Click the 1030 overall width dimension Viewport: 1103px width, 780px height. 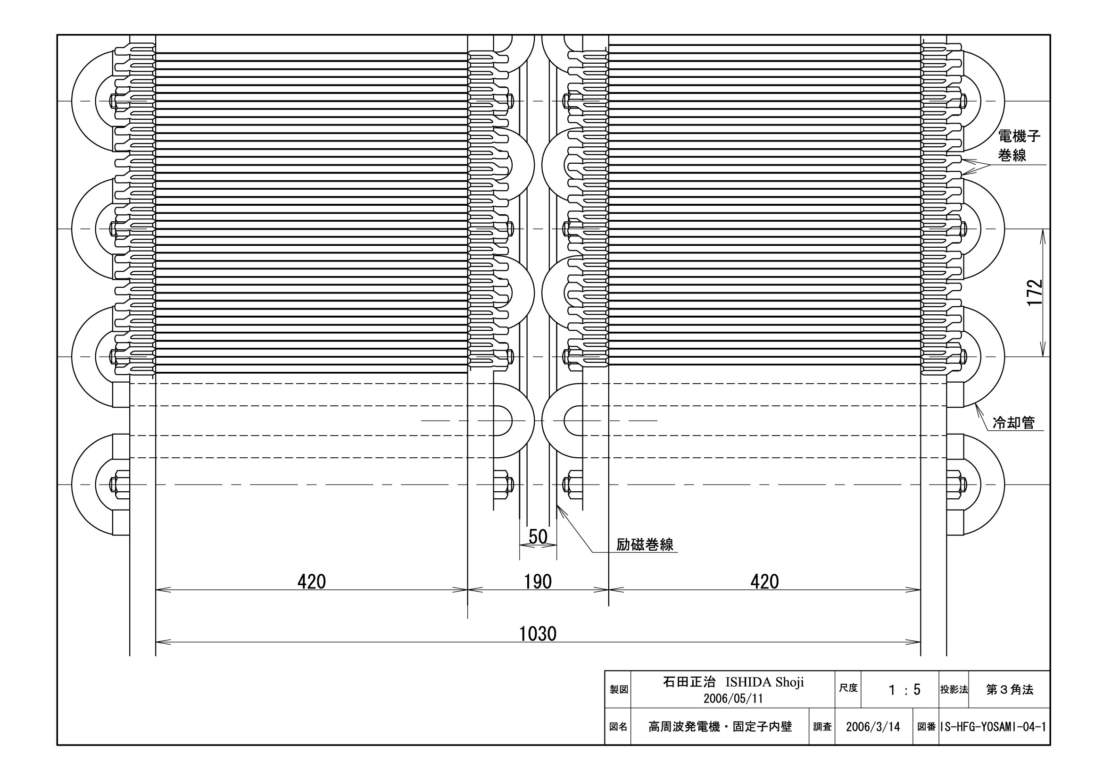click(538, 634)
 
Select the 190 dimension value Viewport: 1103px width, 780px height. click(538, 582)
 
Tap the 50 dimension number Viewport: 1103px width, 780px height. click(538, 537)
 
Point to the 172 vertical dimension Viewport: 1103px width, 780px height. click(1035, 292)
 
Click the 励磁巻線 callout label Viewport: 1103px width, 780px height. click(645, 545)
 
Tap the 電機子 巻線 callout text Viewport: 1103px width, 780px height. click(1019, 146)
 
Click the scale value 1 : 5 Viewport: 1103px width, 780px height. click(904, 690)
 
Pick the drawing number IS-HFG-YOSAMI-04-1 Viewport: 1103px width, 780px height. click(994, 727)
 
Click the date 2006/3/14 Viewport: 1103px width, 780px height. click(873, 727)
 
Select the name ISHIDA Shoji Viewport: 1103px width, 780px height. click(764, 682)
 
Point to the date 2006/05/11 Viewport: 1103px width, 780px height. click(733, 698)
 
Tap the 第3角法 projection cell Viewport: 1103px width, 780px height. click(1009, 690)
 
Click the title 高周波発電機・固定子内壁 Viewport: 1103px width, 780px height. click(720, 727)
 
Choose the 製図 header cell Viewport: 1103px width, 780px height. click(619, 690)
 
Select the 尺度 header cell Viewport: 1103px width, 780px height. click(848, 688)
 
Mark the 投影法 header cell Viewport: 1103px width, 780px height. click(954, 690)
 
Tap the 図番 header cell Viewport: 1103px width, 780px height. click(926, 727)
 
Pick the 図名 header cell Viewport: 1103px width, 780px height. click(618, 727)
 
